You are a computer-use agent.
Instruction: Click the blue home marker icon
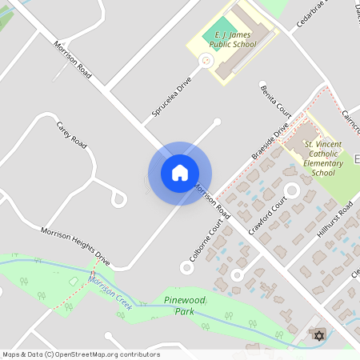[x=180, y=173]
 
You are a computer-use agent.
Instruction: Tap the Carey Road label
[x=71, y=134]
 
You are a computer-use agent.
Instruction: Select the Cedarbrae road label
[x=313, y=14]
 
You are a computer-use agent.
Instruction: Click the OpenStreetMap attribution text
[x=81, y=354]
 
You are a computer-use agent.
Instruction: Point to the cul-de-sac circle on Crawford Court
[x=291, y=190]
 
